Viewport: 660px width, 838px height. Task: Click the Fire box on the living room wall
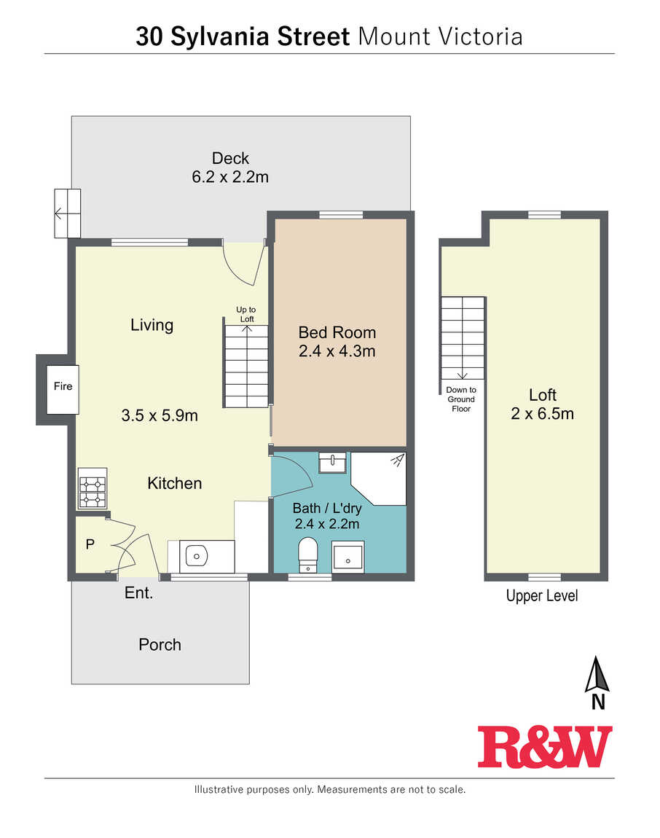(63, 389)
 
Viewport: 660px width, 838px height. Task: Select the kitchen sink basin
(196, 556)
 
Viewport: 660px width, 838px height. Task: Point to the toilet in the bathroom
(308, 555)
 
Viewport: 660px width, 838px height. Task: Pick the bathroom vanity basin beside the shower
(332, 462)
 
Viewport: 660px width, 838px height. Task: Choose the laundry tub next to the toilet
(348, 557)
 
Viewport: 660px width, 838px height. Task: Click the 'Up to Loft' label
(245, 314)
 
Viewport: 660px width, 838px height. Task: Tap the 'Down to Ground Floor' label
(461, 399)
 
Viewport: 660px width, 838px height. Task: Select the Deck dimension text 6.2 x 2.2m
(230, 177)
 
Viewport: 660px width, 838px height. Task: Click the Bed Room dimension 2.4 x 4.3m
(337, 351)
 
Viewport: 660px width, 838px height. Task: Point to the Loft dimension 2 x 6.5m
(543, 414)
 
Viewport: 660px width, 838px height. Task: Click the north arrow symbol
(597, 675)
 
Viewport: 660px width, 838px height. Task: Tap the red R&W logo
(545, 747)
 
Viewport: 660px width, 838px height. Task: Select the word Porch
(160, 645)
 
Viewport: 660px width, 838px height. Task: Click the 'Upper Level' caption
(542, 596)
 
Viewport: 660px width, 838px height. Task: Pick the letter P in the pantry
(90, 544)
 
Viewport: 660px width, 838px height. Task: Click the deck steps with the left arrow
(67, 214)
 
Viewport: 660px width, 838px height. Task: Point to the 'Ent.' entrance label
(139, 592)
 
